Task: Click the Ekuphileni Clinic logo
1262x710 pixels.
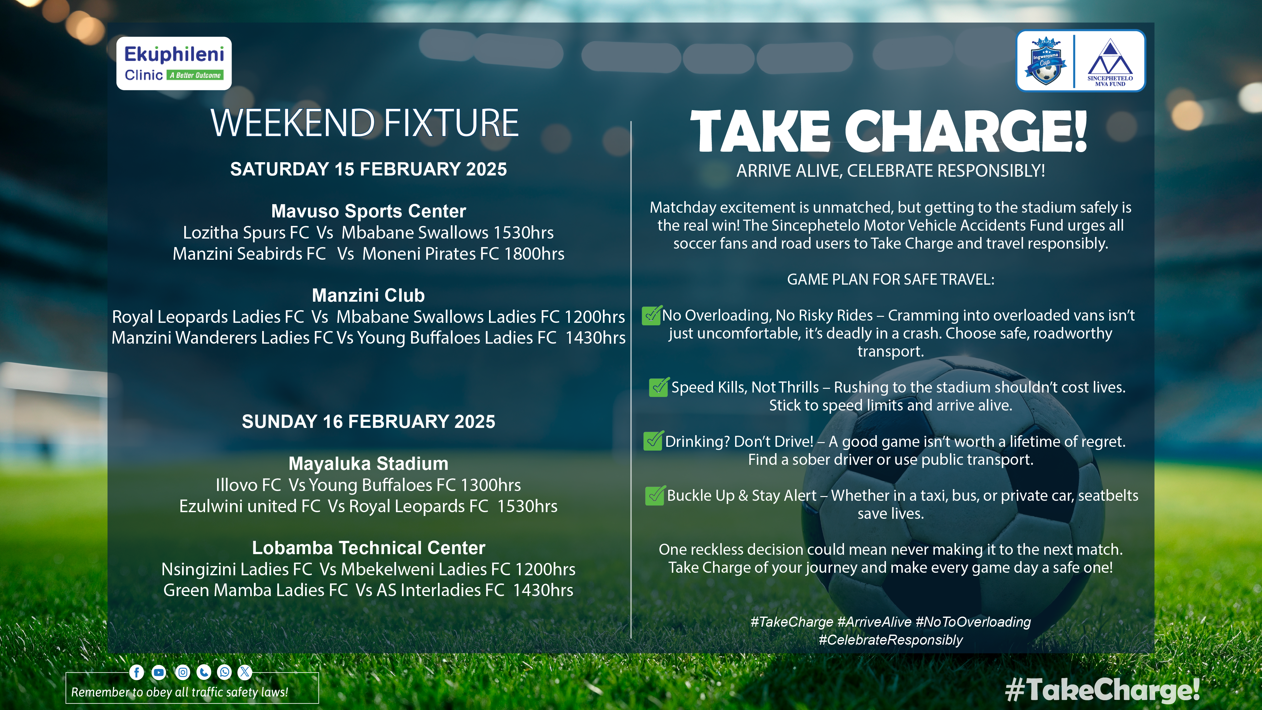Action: pos(174,63)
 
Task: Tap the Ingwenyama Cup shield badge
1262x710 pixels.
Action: pos(1045,61)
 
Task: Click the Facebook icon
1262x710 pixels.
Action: pos(137,672)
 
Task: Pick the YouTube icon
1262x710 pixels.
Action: pos(159,672)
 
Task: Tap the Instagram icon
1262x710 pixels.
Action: pos(183,672)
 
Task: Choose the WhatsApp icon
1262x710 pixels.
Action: pos(224,672)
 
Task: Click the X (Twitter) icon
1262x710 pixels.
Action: pos(245,672)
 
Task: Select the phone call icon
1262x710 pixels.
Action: pos(204,672)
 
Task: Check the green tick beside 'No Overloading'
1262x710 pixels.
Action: pos(652,315)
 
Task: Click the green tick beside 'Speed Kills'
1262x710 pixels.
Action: pos(659,387)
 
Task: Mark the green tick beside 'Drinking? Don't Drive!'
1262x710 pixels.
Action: pos(653,441)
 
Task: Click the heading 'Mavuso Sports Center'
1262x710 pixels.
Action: pos(369,211)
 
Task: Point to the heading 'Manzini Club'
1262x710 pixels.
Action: pos(369,295)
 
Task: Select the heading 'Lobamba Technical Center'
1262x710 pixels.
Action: pos(369,548)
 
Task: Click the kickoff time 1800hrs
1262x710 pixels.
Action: pos(534,254)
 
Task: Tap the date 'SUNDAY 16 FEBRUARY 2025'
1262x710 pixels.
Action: pos(369,422)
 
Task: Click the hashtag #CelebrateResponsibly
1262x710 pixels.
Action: pos(891,640)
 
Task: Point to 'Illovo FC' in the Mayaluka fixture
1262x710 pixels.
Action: pos(248,485)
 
